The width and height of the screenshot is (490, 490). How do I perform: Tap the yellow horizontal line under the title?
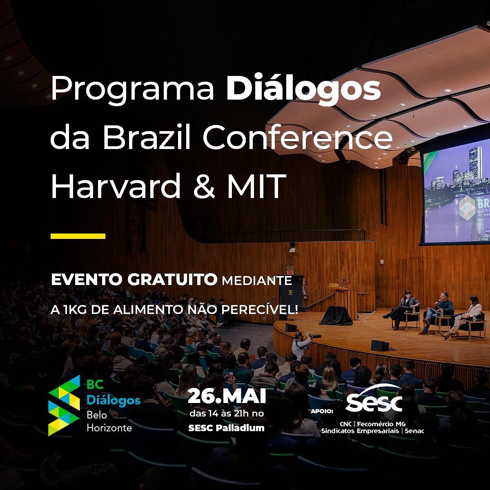click(78, 236)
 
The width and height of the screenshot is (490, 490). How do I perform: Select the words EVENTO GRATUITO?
click(134, 280)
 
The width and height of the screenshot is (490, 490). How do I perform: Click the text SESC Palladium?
click(227, 428)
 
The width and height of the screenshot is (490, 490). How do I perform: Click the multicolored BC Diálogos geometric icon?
click(64, 405)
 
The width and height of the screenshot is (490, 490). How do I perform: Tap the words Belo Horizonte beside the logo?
click(109, 421)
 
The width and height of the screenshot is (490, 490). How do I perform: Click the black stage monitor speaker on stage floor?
click(379, 346)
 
